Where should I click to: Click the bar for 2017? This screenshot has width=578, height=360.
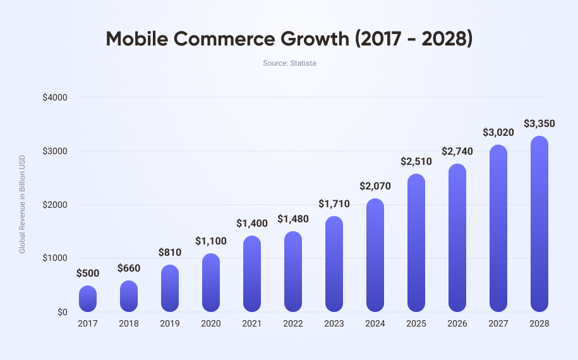pyautogui.click(x=88, y=299)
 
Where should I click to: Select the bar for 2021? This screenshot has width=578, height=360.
pyautogui.click(x=252, y=274)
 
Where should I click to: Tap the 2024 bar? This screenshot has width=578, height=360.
pyautogui.click(x=375, y=255)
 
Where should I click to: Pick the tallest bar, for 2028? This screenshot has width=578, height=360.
pyautogui.click(x=539, y=224)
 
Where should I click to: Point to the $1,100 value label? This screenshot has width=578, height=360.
pyautogui.click(x=211, y=241)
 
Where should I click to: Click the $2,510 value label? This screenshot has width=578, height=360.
pyautogui.click(x=416, y=161)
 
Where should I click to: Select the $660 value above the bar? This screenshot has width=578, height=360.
pyautogui.click(x=129, y=268)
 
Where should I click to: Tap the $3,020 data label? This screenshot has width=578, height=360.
pyautogui.click(x=498, y=132)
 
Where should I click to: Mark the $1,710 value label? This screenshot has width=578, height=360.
pyautogui.click(x=334, y=204)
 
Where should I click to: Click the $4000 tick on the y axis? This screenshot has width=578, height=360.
pyautogui.click(x=55, y=97)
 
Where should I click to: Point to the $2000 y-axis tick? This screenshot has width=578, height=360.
pyautogui.click(x=55, y=205)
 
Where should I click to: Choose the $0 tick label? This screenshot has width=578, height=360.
pyautogui.click(x=62, y=312)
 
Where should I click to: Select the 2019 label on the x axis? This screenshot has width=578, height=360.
pyautogui.click(x=170, y=323)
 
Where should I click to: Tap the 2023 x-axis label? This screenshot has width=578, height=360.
pyautogui.click(x=334, y=323)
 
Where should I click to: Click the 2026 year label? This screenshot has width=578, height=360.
pyautogui.click(x=457, y=323)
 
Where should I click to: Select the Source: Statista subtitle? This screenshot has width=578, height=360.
pyautogui.click(x=289, y=63)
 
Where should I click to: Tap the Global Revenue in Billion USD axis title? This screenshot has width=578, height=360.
pyautogui.click(x=22, y=204)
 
